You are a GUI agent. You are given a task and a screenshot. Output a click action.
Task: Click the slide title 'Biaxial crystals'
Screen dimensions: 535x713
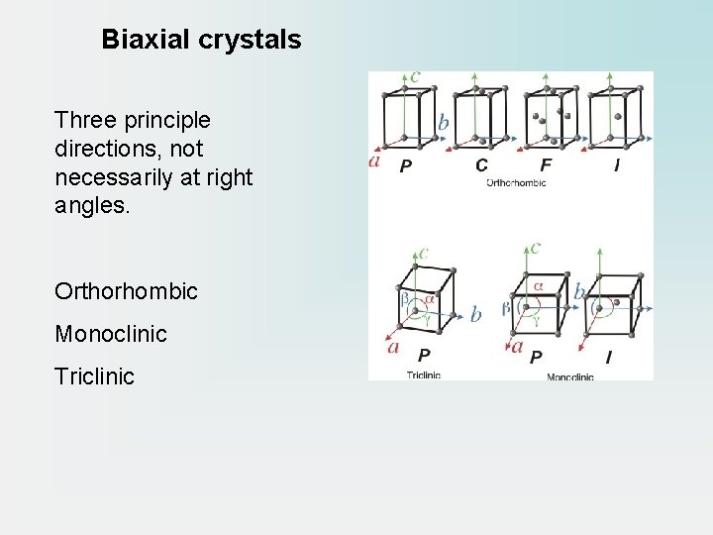(201, 41)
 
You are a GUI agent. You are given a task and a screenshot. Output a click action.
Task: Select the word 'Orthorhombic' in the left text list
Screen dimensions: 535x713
(127, 292)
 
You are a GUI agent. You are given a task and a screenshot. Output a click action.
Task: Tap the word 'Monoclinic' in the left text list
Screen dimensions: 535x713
(111, 335)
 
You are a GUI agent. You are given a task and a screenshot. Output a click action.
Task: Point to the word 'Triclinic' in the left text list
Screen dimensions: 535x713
(95, 377)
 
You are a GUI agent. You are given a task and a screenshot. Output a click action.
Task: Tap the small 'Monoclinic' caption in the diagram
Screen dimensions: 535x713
(569, 376)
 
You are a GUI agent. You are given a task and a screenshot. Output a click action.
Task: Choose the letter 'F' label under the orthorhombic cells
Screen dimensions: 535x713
(546, 165)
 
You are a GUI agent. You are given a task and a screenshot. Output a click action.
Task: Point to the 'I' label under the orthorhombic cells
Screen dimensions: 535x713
(617, 165)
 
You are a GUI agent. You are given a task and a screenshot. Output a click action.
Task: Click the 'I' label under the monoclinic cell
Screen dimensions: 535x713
(607, 357)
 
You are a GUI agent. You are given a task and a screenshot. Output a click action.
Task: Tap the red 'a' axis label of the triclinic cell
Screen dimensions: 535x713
(393, 347)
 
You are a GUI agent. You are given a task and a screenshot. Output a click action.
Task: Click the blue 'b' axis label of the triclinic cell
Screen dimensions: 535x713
(475, 315)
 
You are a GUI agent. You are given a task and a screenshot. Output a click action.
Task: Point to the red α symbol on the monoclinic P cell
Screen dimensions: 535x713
(539, 286)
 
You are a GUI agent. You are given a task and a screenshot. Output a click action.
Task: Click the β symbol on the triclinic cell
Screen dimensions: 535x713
(403, 296)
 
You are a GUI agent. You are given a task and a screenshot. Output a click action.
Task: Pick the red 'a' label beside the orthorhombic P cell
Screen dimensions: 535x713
(374, 160)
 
